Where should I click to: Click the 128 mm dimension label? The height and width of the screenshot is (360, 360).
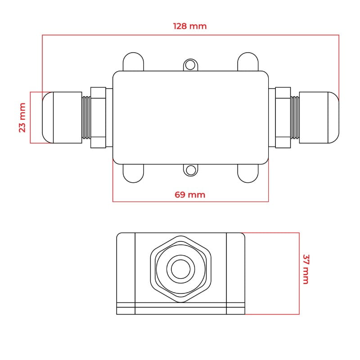pyautogui.click(x=190, y=26)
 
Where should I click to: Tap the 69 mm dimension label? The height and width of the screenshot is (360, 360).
pyautogui.click(x=190, y=195)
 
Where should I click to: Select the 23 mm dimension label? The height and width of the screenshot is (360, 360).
pyautogui.click(x=22, y=117)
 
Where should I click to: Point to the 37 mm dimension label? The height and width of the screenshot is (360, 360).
pyautogui.click(x=306, y=269)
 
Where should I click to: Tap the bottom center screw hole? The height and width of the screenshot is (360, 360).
pyautogui.click(x=191, y=170)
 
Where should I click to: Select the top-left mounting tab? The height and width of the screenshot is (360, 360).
pyautogui.click(x=134, y=62)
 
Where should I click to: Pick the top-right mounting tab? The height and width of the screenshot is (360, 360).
pyautogui.click(x=247, y=62)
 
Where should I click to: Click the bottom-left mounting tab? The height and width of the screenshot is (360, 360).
pyautogui.click(x=134, y=173)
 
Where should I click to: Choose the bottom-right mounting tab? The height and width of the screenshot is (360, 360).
pyautogui.click(x=247, y=173)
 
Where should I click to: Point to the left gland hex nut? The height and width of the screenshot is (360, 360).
pyautogui.click(x=98, y=117)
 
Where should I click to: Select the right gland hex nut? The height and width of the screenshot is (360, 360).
pyautogui.click(x=283, y=117)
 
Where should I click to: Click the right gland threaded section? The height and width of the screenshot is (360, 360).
pyautogui.click(x=295, y=117)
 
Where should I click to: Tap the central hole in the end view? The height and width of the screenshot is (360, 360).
pyautogui.click(x=181, y=269)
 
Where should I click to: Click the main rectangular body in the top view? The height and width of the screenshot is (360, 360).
pyautogui.click(x=190, y=117)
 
